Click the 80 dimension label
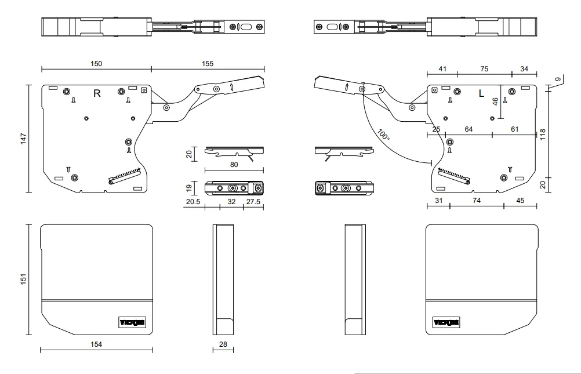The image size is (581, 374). [x=234, y=164]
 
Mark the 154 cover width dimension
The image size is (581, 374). [x=96, y=344]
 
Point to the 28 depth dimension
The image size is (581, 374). [x=223, y=344]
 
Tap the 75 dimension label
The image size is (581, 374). [x=484, y=69]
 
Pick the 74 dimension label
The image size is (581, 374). [x=477, y=200]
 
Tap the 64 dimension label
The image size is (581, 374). [x=469, y=129]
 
